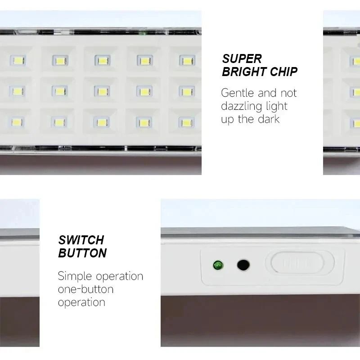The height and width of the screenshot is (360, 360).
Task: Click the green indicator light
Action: point(218,264)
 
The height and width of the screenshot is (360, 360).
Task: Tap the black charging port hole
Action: point(243,265)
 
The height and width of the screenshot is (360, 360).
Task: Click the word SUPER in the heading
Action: point(242,58)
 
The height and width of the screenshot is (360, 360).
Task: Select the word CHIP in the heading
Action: point(283,72)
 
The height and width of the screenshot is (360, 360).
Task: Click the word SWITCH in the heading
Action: point(81,240)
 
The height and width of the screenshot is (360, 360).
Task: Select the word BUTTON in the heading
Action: point(82,253)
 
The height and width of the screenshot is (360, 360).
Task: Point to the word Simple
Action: point(75,276)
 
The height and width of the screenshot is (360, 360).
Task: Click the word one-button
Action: point(85,289)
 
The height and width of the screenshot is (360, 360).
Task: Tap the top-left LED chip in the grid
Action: point(18,60)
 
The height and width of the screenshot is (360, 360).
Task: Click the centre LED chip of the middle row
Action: point(102,91)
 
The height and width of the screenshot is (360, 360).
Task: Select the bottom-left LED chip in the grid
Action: point(17,122)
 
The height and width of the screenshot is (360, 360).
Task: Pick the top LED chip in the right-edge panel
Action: point(355,61)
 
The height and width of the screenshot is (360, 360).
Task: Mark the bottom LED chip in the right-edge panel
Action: point(355,122)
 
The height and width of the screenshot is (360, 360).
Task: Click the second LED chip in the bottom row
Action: point(59,122)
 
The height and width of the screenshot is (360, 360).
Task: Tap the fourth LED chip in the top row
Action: point(145,61)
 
